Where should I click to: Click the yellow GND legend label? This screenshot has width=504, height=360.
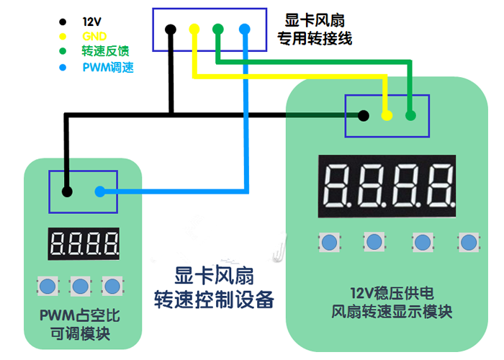(94, 35)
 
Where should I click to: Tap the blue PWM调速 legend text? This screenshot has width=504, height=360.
(108, 68)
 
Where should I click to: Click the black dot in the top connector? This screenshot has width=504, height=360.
(171, 30)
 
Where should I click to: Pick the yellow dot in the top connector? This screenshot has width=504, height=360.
(194, 30)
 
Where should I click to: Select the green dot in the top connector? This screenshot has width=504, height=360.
(218, 30)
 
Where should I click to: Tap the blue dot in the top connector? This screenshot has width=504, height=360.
(244, 30)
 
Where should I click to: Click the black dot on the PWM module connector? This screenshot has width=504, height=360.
(67, 192)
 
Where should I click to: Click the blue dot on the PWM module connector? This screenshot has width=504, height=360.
(100, 192)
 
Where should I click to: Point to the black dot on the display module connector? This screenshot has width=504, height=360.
(364, 115)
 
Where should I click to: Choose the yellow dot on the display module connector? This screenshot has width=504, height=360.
(387, 115)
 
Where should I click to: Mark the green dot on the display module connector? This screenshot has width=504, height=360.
(410, 115)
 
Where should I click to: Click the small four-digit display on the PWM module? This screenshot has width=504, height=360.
(84, 245)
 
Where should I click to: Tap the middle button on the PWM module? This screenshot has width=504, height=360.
(78, 286)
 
